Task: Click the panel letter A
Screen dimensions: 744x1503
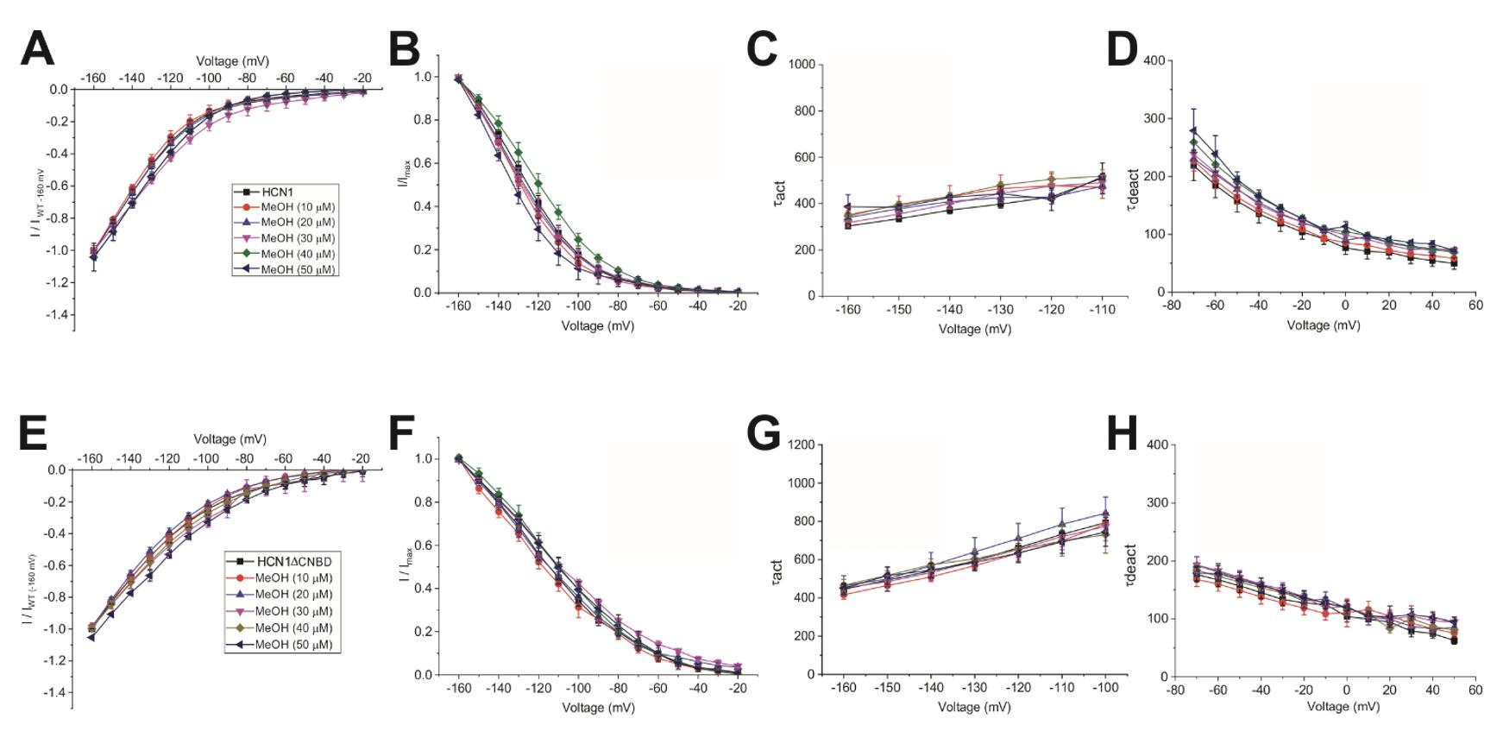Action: pos(38,49)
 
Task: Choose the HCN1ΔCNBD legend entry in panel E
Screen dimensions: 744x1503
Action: pos(284,561)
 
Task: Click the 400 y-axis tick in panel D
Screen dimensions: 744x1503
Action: pos(1154,60)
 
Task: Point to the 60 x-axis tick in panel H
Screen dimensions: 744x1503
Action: pos(1476,690)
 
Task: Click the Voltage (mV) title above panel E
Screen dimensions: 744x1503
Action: pos(230,439)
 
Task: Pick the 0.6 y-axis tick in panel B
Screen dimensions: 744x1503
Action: pos(423,163)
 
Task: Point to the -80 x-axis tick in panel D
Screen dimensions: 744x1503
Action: pos(1172,306)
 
